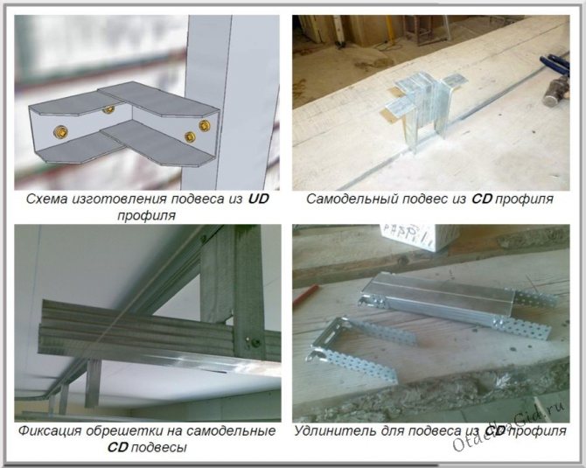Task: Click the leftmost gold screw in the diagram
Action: [x=60, y=131]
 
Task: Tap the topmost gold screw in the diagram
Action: [x=108, y=109]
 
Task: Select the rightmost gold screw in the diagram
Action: [x=205, y=125]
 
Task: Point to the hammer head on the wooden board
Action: [x=556, y=93]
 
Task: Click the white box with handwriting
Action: [x=418, y=236]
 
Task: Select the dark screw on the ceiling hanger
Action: [x=255, y=342]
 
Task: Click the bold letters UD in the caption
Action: [x=259, y=199]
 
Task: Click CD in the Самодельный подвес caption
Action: [x=482, y=199]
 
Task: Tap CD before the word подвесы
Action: [x=118, y=447]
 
